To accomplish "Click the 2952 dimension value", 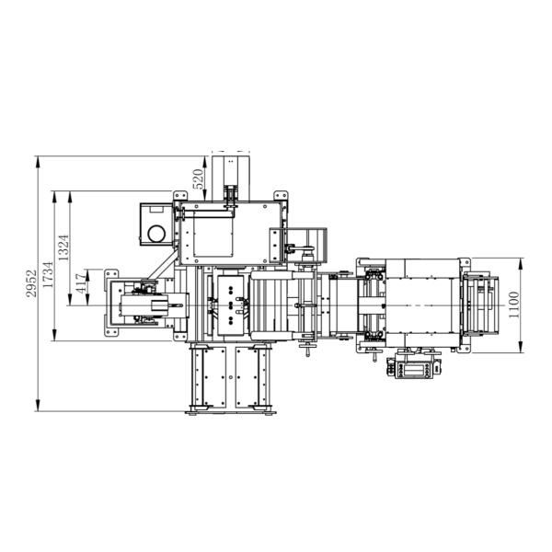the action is tap(31, 283).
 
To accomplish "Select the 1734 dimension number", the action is tap(48, 274).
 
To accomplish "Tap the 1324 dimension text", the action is tap(63, 247).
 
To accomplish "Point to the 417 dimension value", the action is tap(81, 283).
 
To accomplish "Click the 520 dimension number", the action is tap(198, 179).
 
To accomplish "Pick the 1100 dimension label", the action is tap(514, 305).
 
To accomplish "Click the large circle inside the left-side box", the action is tap(156, 234).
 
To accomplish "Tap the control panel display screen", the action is tap(414, 370).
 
